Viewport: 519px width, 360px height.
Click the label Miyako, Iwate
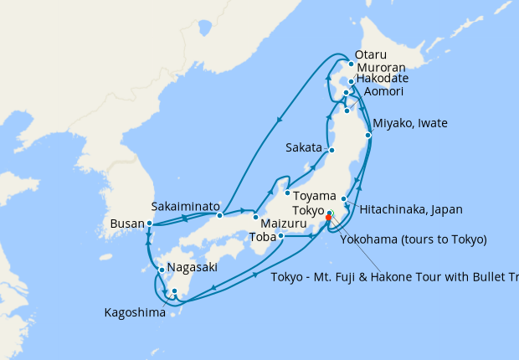click(410, 124)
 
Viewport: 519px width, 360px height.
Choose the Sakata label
click(304, 147)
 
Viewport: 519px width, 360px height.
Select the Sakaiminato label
click(185, 206)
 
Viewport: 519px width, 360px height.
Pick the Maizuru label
click(285, 224)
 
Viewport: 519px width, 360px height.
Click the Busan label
click(127, 224)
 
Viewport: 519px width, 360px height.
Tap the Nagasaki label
click(193, 268)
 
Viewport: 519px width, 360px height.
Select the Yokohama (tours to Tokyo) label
click(414, 239)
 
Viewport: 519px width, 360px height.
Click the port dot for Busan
click(149, 224)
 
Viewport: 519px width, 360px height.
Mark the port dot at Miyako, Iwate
click(368, 135)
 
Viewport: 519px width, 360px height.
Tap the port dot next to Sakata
click(332, 151)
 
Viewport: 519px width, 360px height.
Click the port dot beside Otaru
click(351, 64)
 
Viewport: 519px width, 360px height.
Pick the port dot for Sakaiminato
click(219, 215)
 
